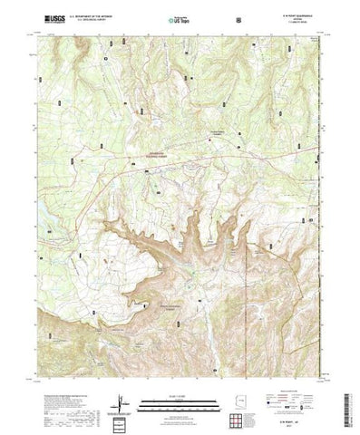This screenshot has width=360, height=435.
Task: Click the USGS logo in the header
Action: [x=45, y=18]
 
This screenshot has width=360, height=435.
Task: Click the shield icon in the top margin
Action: [x=237, y=18]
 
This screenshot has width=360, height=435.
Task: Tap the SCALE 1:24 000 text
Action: [x=180, y=391]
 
